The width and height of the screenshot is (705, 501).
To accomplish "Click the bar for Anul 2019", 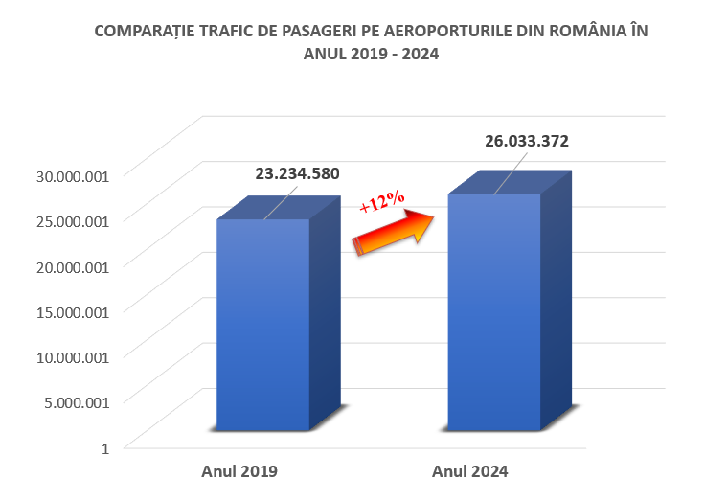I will (x=263, y=326).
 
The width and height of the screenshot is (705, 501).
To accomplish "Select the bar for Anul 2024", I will (x=494, y=311).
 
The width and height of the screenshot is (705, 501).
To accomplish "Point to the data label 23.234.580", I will (x=297, y=174).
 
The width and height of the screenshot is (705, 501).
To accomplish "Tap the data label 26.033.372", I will (x=527, y=141).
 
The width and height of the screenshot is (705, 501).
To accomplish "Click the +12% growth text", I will (x=381, y=202).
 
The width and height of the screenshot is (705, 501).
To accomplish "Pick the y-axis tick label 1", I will (x=105, y=446).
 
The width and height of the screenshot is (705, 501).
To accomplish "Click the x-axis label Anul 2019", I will (x=239, y=471).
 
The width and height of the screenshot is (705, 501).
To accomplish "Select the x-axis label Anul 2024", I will (x=470, y=471).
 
